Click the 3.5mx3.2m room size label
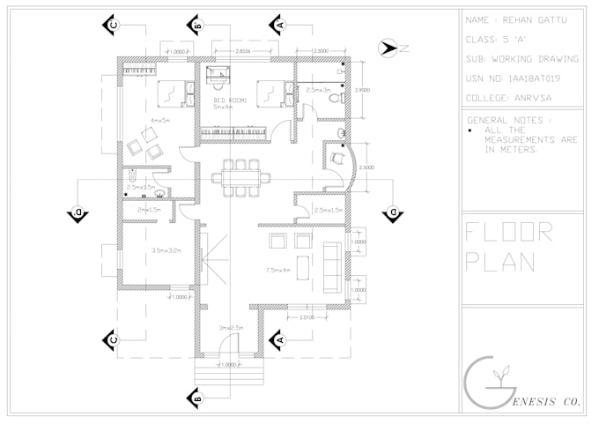tap(166, 250)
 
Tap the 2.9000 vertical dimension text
tap(362, 91)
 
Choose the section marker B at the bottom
tap(196, 399)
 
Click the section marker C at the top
tap(113, 25)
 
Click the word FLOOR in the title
tap(509, 233)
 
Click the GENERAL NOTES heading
tap(509, 119)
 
